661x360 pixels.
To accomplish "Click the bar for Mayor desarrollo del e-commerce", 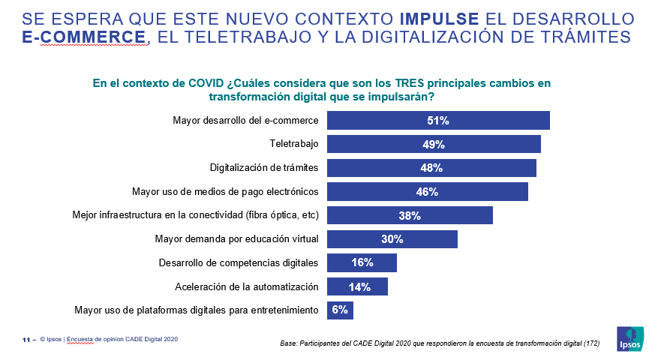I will coord(438,121).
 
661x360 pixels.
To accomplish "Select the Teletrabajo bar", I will coord(434,145).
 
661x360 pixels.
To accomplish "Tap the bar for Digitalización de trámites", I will coord(431,168).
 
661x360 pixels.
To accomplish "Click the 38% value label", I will coord(410,216).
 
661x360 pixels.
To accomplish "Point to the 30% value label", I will coord(392,239).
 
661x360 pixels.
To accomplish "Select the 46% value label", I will coord(427,192).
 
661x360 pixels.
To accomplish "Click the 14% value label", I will coord(359,287).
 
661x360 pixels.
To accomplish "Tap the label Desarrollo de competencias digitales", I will coord(239,263).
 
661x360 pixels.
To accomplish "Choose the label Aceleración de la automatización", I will coord(247,287).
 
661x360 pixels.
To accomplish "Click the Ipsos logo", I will coord(628,338).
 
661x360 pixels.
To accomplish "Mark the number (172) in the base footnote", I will coord(591,343).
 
